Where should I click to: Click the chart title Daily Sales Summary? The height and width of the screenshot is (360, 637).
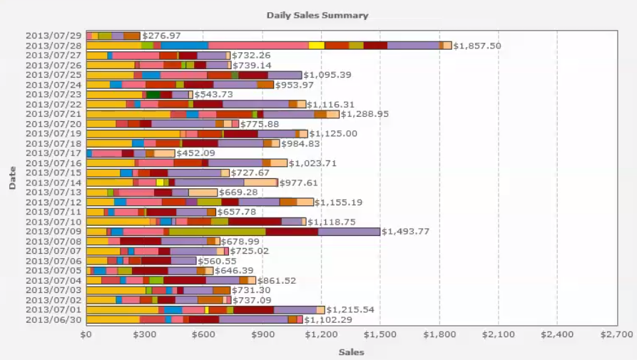(x=317, y=15)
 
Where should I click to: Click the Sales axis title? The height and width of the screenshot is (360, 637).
(x=351, y=352)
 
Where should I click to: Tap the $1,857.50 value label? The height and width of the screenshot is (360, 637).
(x=477, y=46)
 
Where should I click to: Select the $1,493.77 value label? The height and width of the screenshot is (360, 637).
(x=405, y=231)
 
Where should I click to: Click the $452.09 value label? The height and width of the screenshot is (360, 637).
(x=198, y=153)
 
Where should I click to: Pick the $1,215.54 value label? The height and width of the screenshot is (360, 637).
(x=350, y=310)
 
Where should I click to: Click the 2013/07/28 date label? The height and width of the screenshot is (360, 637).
(x=53, y=45)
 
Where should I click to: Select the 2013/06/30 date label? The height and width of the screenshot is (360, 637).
(x=53, y=319)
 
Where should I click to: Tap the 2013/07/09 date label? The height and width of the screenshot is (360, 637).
(x=53, y=232)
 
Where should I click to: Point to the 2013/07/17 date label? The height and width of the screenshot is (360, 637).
(x=53, y=153)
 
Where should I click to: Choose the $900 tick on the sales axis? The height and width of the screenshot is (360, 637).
(x=263, y=334)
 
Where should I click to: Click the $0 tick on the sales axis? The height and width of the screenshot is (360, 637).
(x=86, y=334)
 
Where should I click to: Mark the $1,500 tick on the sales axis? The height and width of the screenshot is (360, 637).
(x=380, y=334)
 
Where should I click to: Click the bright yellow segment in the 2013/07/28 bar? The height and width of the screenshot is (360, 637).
(x=316, y=45)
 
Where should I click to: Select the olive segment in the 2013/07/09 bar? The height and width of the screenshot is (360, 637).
(x=217, y=231)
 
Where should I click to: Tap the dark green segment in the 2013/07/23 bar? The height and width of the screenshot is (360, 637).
(x=153, y=94)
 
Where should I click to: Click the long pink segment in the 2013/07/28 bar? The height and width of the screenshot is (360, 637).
(x=258, y=45)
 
